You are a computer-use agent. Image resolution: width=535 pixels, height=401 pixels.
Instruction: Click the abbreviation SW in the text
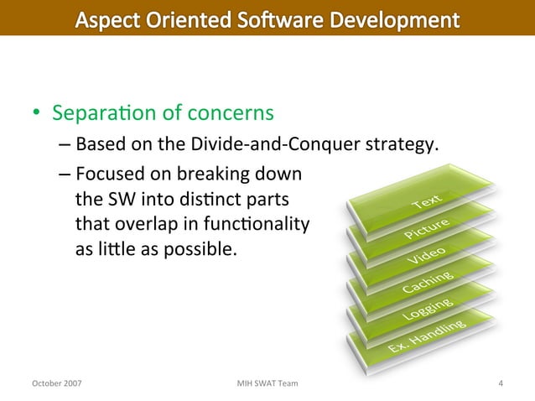(117, 200)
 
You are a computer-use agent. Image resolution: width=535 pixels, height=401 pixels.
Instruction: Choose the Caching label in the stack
(428, 282)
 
